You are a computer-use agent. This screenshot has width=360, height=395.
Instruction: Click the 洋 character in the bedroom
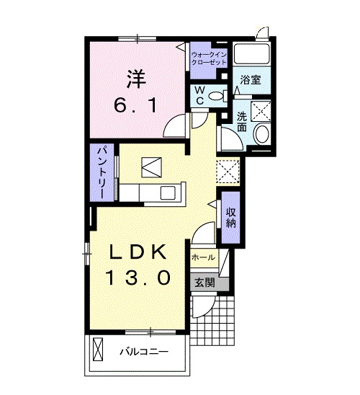[x=136, y=79]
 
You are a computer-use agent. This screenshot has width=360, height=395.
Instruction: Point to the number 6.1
[x=135, y=105]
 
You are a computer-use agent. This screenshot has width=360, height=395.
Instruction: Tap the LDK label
[x=138, y=252]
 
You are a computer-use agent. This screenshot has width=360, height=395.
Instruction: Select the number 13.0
[x=139, y=277]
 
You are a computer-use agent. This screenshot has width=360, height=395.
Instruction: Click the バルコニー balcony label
[x=144, y=352]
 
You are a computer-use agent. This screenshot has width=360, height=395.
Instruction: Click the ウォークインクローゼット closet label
[x=209, y=58]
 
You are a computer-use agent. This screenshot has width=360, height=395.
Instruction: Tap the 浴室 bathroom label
[x=251, y=80]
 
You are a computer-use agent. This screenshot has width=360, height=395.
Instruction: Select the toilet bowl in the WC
[x=216, y=96]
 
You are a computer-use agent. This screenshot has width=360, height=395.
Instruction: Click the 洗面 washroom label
[x=242, y=122]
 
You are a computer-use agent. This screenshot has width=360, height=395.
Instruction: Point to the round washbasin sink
[x=262, y=133]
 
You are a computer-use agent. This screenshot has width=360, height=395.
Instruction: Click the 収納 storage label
[x=231, y=218]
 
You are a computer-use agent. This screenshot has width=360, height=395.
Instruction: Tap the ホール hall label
[x=203, y=257]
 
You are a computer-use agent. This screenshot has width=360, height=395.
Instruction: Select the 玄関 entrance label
[x=205, y=283]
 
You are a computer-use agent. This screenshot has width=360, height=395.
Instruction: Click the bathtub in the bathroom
[x=251, y=54]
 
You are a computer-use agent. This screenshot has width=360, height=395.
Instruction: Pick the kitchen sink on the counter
[x=168, y=193]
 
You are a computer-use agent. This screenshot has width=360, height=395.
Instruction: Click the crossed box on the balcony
[x=98, y=350]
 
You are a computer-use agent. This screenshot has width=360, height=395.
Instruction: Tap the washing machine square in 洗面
[x=261, y=111]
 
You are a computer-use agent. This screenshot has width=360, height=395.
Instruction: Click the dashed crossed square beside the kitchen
[x=228, y=171]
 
